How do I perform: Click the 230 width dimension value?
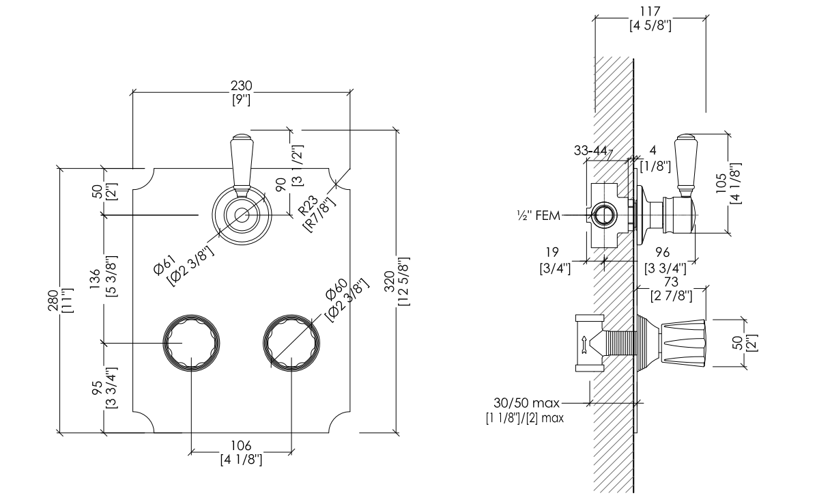pyautogui.click(x=241, y=85)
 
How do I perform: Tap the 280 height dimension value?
pyautogui.click(x=54, y=300)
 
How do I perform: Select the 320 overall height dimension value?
pyautogui.click(x=390, y=281)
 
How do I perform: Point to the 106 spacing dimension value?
pyautogui.click(x=241, y=445)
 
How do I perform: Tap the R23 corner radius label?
pyautogui.click(x=309, y=206)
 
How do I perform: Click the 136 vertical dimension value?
pyautogui.click(x=95, y=279)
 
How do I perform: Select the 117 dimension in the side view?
pyautogui.click(x=650, y=11)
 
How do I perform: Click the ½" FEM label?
pyautogui.click(x=539, y=215)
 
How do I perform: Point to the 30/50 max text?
pyautogui.click(x=526, y=403)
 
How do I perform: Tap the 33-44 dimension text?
pyautogui.click(x=590, y=150)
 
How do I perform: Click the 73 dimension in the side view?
pyautogui.click(x=671, y=282)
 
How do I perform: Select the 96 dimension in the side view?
pyautogui.click(x=663, y=253)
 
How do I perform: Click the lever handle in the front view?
pyautogui.click(x=242, y=165)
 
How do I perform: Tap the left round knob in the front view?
pyautogui.click(x=192, y=343)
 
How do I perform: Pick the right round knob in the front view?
pyautogui.click(x=291, y=343)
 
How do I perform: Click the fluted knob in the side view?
pyautogui.click(x=683, y=344)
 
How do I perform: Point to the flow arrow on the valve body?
pyautogui.click(x=584, y=345)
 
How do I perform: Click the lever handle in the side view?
pyautogui.click(x=687, y=165)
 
